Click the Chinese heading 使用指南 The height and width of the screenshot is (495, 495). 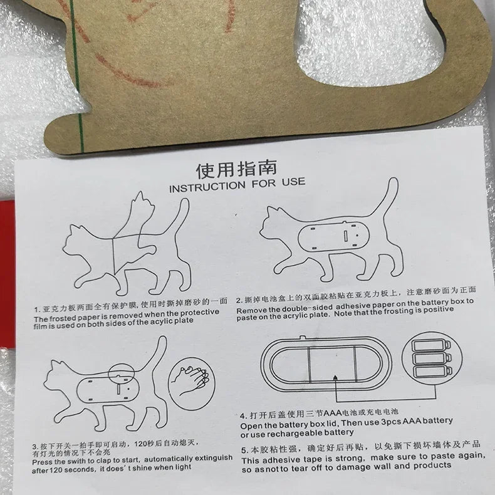point(236,170)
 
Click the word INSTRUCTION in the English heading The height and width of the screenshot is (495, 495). point(207,187)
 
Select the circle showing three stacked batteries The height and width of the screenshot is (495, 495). point(432,358)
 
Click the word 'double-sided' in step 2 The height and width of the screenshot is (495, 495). point(307,308)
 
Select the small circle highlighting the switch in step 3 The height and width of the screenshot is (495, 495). point(121,374)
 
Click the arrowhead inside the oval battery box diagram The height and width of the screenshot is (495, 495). point(335,377)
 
